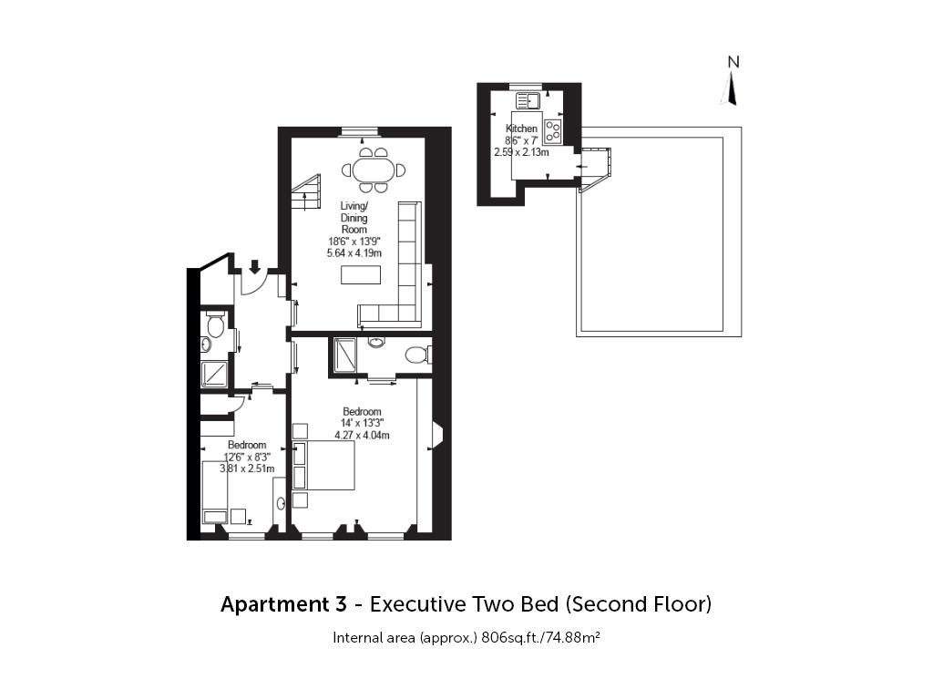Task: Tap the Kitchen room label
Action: pyautogui.click(x=521, y=129)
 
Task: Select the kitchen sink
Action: pyautogui.click(x=528, y=100)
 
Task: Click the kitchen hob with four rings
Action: pyautogui.click(x=553, y=132)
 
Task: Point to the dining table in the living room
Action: pyautogui.click(x=374, y=170)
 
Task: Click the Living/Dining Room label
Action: pyautogui.click(x=354, y=217)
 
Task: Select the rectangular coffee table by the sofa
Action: pyautogui.click(x=361, y=274)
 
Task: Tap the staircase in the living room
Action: pyautogui.click(x=306, y=192)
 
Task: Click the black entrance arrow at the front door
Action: pyautogui.click(x=255, y=266)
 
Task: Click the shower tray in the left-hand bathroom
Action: pyautogui.click(x=213, y=375)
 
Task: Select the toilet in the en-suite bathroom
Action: pyautogui.click(x=417, y=355)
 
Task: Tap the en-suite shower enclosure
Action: pyautogui.click(x=344, y=355)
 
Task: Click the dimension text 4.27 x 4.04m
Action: pyautogui.click(x=362, y=435)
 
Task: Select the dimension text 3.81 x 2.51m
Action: pyautogui.click(x=247, y=468)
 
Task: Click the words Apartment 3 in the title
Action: pyautogui.click(x=284, y=604)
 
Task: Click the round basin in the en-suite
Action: pyautogui.click(x=376, y=342)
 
